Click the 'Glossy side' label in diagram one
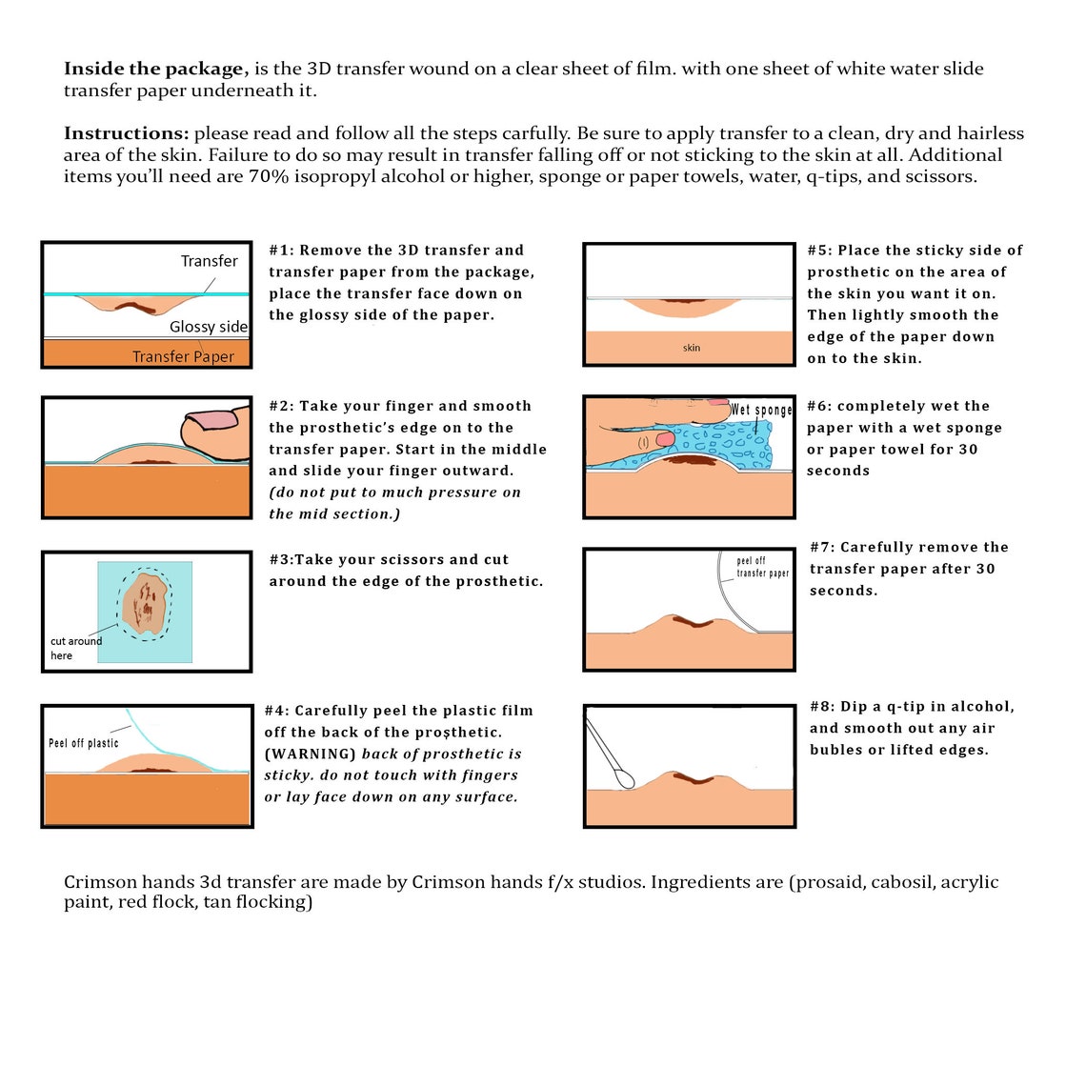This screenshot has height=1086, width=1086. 209,327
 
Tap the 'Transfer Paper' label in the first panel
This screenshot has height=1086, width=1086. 184,356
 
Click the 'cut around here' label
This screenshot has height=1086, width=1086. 75,649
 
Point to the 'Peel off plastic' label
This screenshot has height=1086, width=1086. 83,743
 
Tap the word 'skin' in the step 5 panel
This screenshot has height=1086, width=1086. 692,348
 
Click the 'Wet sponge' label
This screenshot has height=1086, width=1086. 761,410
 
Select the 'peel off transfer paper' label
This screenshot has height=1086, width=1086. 762,567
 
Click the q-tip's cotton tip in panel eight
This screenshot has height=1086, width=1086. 626,780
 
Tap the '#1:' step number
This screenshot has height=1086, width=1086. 281,250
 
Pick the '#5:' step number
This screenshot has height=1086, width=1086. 820,250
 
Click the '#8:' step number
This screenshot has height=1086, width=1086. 823,707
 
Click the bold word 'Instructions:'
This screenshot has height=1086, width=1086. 126,133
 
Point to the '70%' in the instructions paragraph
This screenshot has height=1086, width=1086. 269,176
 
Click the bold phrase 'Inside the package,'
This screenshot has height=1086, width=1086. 156,69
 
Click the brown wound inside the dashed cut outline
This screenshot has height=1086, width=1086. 145,603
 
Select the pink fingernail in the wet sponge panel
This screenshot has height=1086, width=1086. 665,439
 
